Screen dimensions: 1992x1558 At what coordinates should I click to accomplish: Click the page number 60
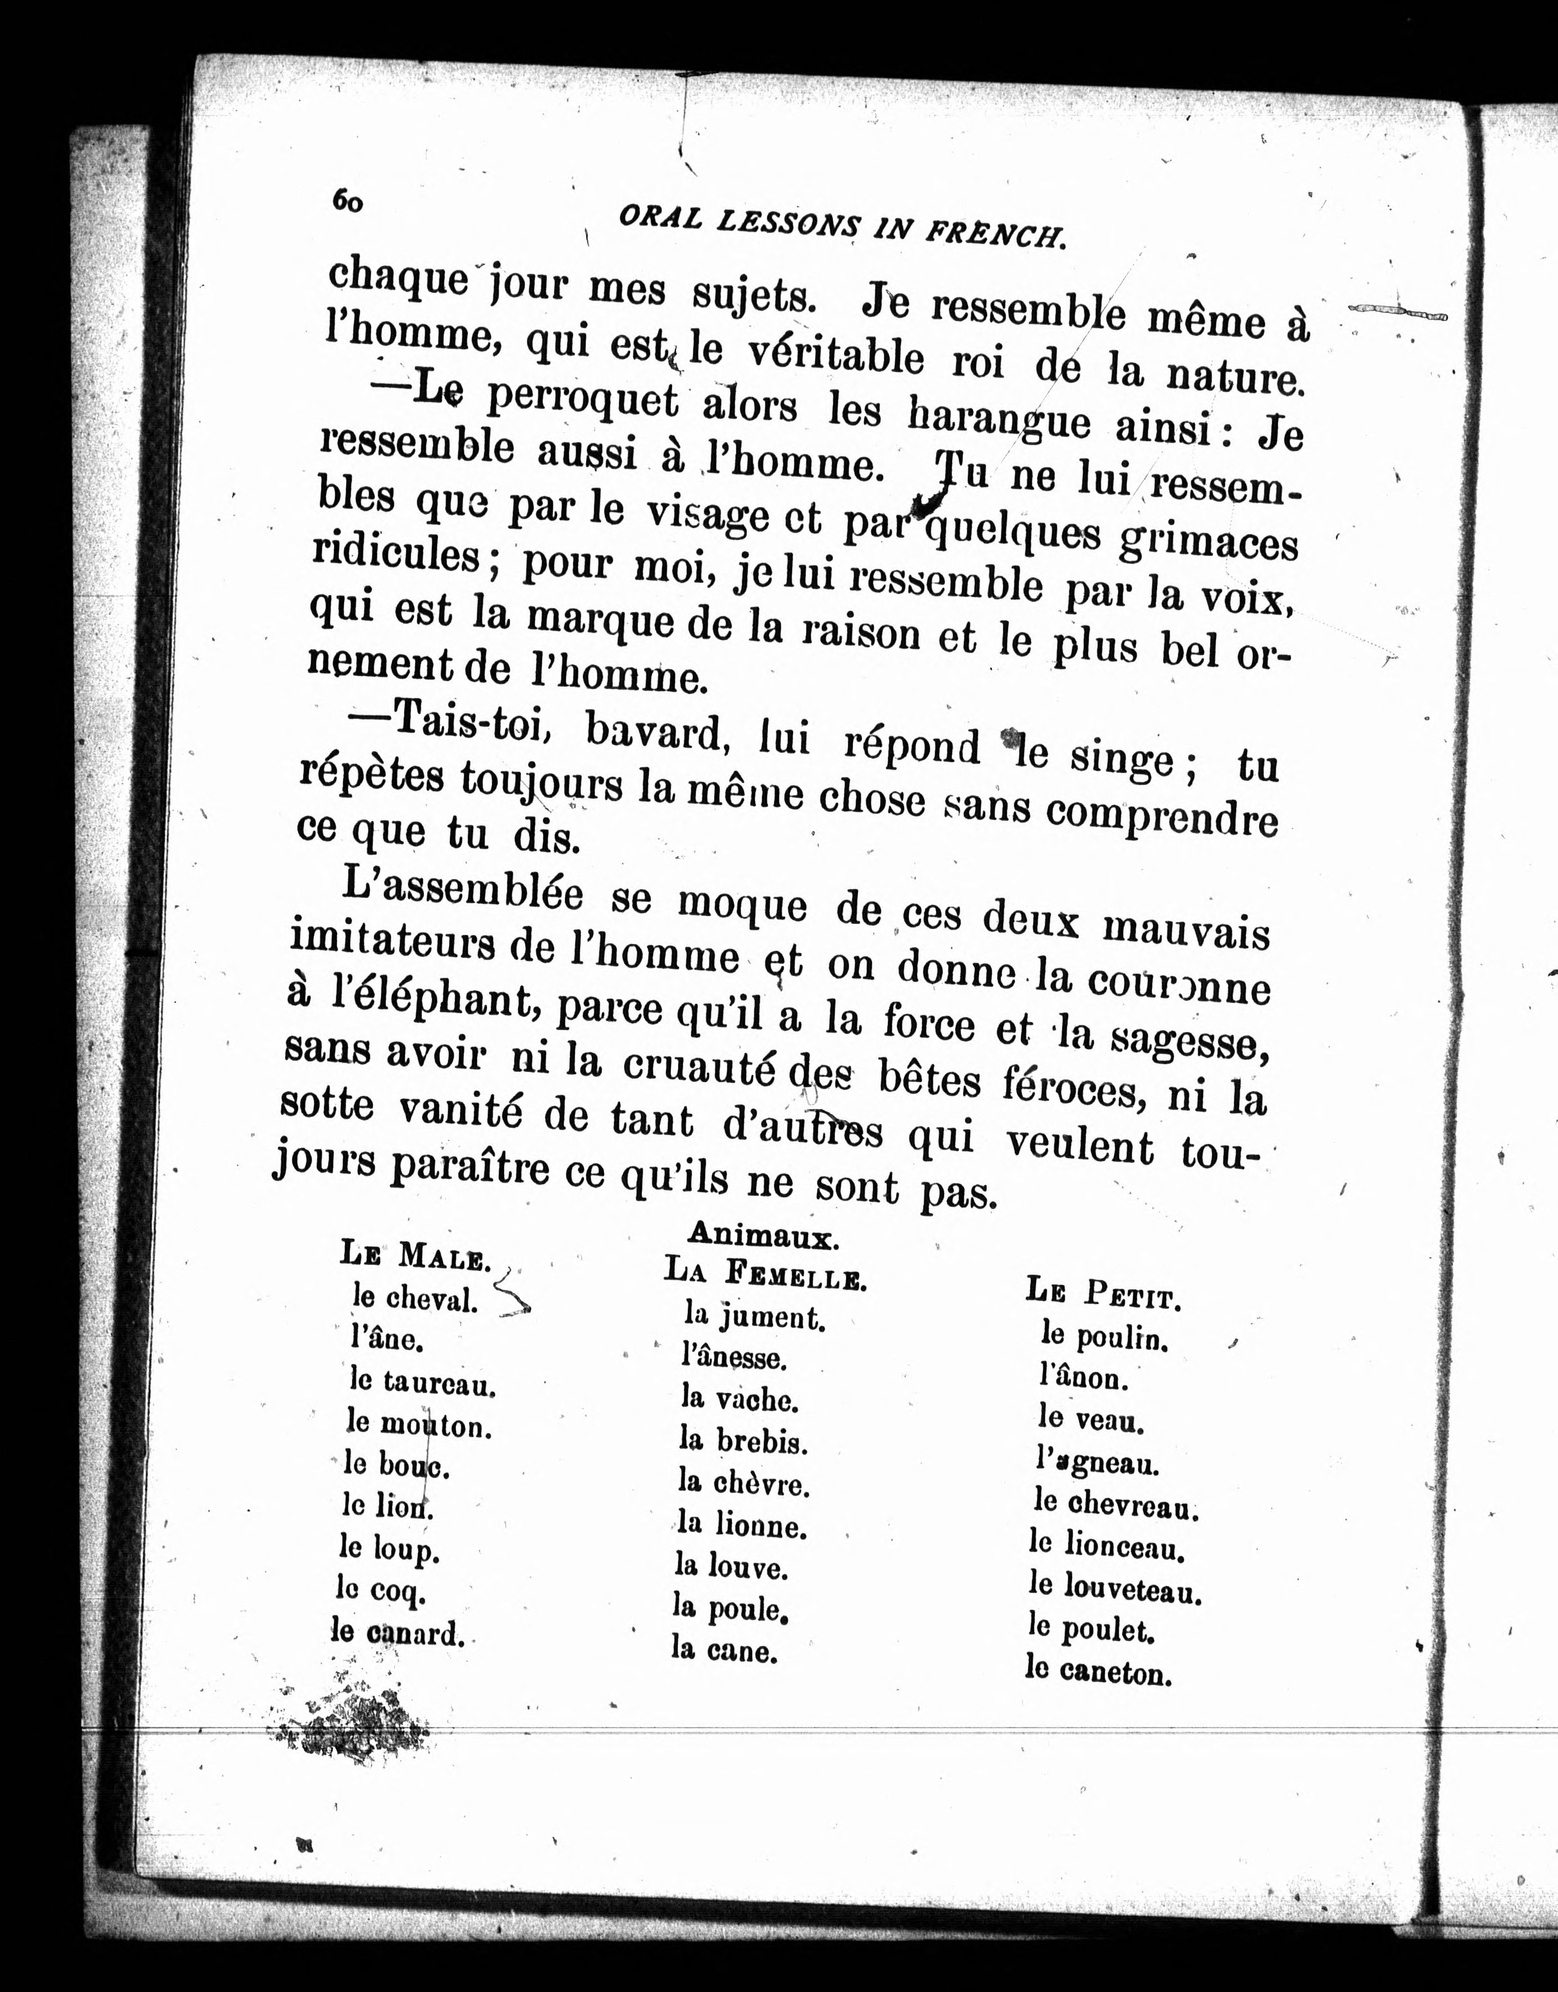coord(347,200)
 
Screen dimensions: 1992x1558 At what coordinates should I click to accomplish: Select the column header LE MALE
coord(415,1257)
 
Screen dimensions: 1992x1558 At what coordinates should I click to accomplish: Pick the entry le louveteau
coord(1115,1590)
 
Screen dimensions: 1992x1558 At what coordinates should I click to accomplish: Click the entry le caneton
coord(1097,1673)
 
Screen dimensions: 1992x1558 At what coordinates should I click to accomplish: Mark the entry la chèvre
coord(744,1483)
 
